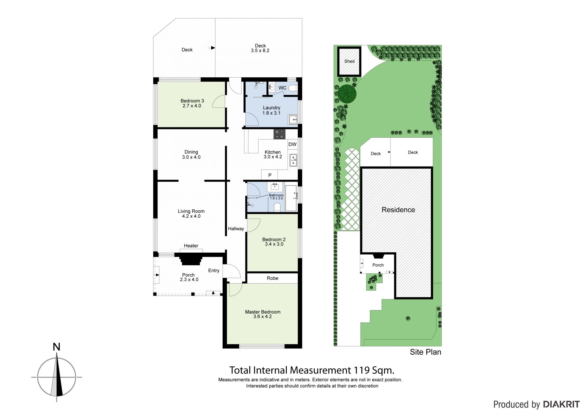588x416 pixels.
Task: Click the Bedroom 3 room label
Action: tap(192, 101)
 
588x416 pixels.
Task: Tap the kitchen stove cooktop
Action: tap(279, 134)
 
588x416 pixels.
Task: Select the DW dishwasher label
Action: tap(292, 144)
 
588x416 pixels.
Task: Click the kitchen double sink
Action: tap(293, 160)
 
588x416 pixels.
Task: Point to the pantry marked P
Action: tap(270, 175)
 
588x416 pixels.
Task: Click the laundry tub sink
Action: tap(293, 119)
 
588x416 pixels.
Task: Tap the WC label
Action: tap(282, 88)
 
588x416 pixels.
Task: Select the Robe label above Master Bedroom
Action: tap(273, 278)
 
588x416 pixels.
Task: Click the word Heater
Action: tap(191, 246)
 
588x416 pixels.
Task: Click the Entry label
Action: tap(214, 270)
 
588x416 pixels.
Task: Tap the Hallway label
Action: tap(236, 229)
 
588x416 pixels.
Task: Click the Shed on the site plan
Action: tap(349, 61)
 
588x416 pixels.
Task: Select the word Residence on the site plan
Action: tap(398, 210)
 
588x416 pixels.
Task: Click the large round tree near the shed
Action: tap(347, 94)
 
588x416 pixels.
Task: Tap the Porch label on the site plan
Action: tap(378, 265)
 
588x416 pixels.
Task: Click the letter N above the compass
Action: tap(56, 347)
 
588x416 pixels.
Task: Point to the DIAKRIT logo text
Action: tap(561, 404)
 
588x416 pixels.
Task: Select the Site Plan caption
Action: tap(425, 352)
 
